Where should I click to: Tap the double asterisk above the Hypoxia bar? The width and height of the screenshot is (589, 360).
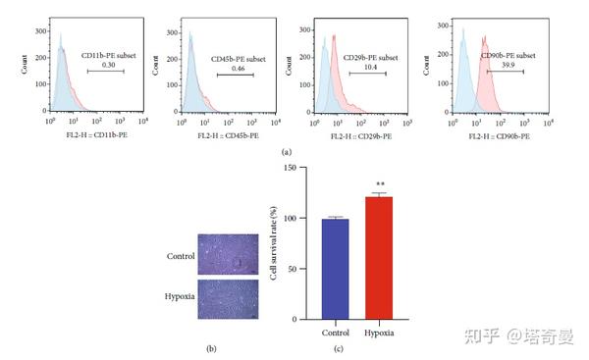379,184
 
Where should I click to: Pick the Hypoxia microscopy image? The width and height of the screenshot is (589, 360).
227,296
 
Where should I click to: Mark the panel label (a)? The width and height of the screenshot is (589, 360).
286,153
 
